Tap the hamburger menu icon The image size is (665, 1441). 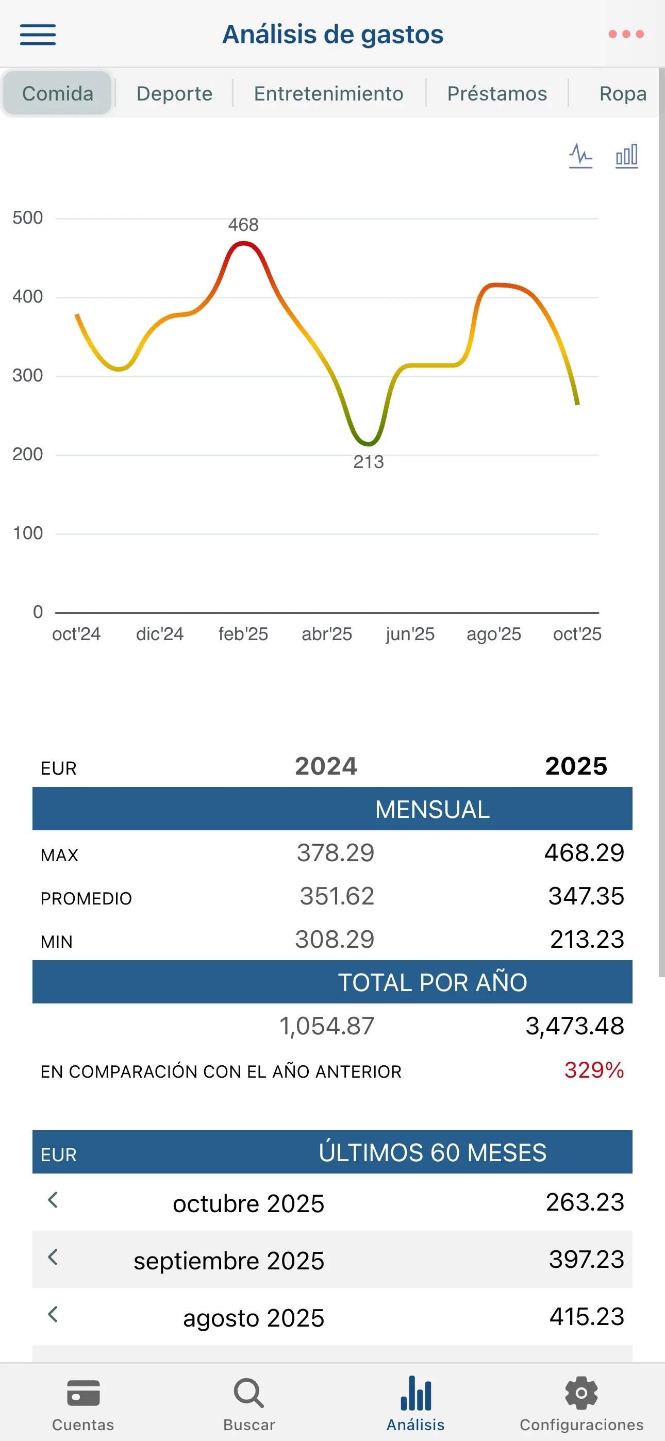click(38, 35)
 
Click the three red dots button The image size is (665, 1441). click(626, 35)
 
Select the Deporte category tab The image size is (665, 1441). click(174, 93)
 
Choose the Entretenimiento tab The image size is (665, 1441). click(328, 93)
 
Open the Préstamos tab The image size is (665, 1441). click(497, 93)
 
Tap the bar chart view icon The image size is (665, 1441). click(626, 156)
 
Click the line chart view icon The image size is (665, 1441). click(580, 156)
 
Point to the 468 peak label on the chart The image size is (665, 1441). click(243, 225)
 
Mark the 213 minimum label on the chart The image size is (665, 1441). click(368, 462)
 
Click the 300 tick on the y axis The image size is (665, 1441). click(27, 375)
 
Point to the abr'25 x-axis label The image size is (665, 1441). click(327, 634)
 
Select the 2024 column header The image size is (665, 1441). click(326, 766)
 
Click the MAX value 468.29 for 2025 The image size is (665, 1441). click(584, 853)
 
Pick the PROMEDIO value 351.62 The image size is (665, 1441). click(337, 896)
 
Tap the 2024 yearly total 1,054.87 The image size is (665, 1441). click(327, 1026)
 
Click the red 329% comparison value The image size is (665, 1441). click(594, 1070)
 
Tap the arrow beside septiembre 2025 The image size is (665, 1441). click(53, 1257)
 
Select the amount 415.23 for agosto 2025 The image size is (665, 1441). click(587, 1317)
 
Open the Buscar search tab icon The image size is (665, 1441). click(249, 1394)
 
